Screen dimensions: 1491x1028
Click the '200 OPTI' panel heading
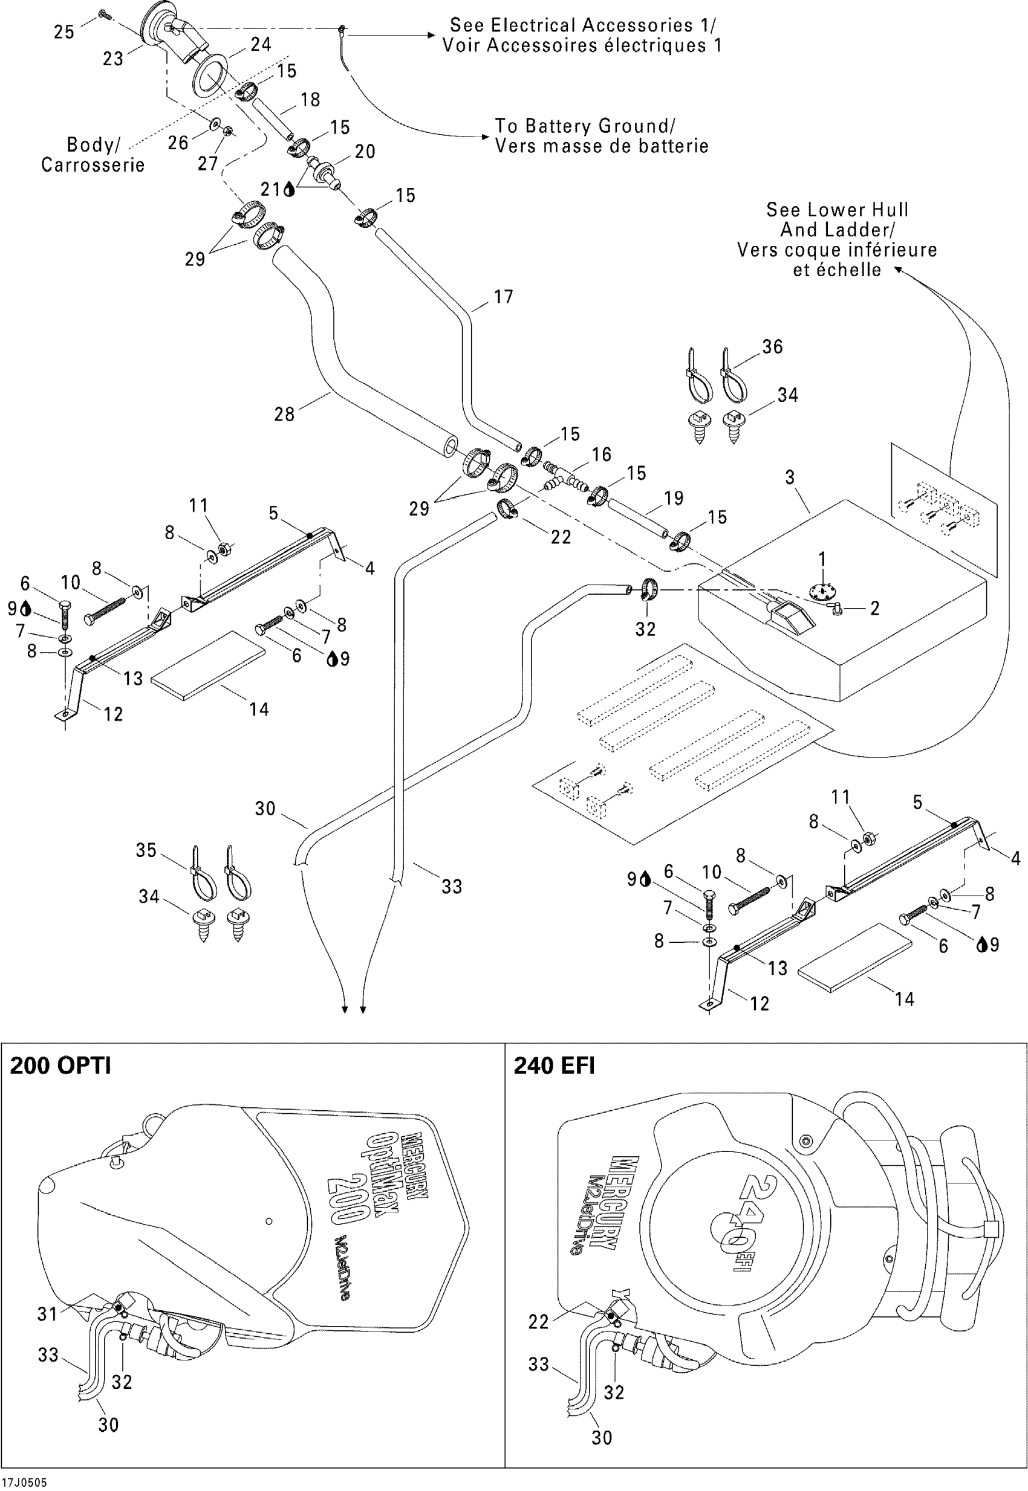pos(60,1066)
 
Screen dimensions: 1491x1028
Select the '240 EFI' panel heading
pos(554,1066)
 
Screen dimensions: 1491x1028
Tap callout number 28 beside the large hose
pos(284,414)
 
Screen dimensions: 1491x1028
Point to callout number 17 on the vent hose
pos(503,297)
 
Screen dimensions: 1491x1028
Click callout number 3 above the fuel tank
pos(790,477)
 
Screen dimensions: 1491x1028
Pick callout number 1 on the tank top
pos(822,559)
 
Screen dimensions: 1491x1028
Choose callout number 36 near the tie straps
pos(772,347)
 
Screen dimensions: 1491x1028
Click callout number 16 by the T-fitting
pos(601,454)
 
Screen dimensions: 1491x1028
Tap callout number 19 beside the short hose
pos(674,497)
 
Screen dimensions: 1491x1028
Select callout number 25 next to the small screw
pos(63,32)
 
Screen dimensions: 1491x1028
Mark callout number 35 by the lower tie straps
pos(146,850)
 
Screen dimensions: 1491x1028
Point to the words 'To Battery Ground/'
pos(585,126)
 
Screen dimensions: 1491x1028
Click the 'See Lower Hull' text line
pos(838,210)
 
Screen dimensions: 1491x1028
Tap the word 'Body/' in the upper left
pos(93,145)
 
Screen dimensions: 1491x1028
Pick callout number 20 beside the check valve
pos(365,151)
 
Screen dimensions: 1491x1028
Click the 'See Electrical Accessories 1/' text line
pos(582,25)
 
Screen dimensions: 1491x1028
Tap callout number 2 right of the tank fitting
pos(874,609)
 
